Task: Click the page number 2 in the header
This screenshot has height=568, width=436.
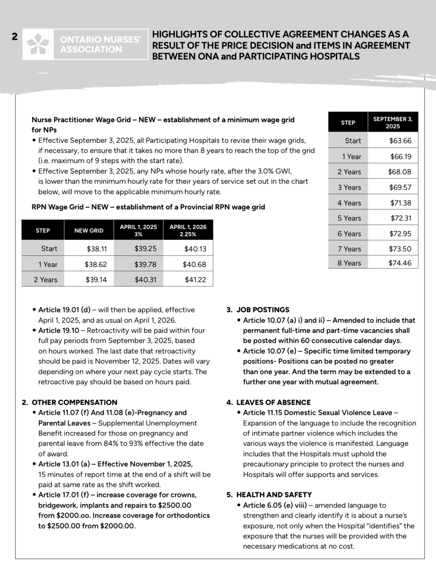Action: coord(14,37)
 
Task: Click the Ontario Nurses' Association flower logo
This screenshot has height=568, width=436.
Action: coord(38,44)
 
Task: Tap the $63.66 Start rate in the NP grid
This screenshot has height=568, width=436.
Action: coord(400,141)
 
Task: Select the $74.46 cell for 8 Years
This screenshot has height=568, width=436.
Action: coord(400,263)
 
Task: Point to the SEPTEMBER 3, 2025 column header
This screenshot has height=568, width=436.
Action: coord(393,122)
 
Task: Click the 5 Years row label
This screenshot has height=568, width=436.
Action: coord(349,218)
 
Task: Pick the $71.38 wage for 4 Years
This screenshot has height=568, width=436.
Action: coord(401,203)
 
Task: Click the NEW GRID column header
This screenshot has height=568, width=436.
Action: coord(89,231)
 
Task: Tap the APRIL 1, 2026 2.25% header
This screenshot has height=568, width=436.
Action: coord(188,230)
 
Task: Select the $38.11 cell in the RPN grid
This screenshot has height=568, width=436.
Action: coord(97,249)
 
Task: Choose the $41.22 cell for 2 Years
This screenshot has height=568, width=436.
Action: coord(195,280)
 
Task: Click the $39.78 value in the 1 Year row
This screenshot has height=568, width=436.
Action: coord(145,265)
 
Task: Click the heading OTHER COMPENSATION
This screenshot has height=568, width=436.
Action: coord(74,403)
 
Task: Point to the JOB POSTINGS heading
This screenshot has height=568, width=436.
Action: coord(263,310)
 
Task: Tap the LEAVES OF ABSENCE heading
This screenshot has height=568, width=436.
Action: coord(273,403)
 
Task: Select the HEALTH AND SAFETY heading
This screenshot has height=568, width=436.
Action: coord(274,495)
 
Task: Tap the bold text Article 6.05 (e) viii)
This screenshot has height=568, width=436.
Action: coord(275,505)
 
